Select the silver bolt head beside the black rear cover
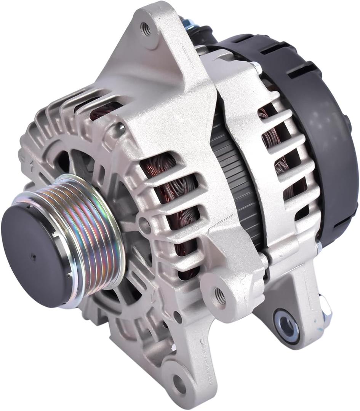pos(256,68)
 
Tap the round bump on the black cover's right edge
pos(348,122)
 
